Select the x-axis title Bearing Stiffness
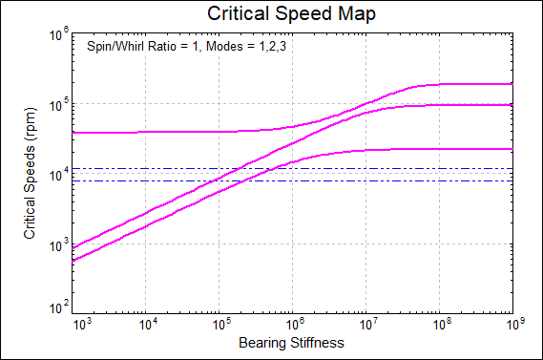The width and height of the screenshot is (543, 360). [291, 341]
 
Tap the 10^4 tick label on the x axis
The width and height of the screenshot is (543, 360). [146, 324]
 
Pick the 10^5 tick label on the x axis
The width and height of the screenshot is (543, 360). [219, 324]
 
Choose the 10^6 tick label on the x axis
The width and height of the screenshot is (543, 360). [292, 324]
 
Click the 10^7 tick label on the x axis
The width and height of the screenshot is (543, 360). [365, 324]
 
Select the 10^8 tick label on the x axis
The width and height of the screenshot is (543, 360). [438, 324]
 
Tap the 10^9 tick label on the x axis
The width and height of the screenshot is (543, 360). [512, 324]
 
